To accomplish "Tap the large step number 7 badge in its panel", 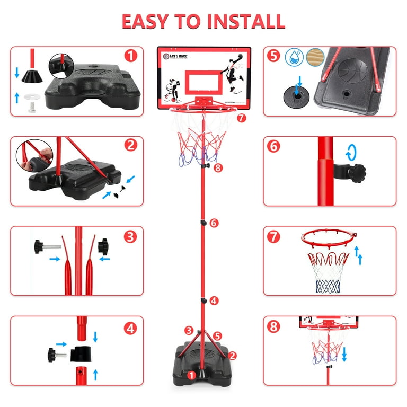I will click(x=273, y=237).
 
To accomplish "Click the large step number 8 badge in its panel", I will click(x=273, y=327).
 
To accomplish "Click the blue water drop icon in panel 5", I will click(x=294, y=57).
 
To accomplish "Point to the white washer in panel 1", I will click(x=22, y=98).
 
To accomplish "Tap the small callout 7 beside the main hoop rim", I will click(x=242, y=118).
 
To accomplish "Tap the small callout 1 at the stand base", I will click(x=191, y=374).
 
